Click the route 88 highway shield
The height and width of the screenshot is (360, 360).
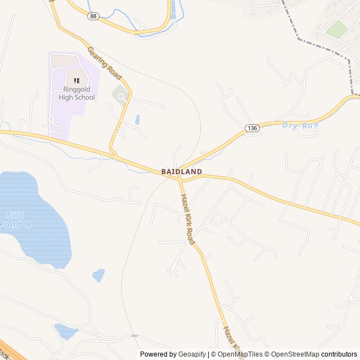pyautogui.click(x=93, y=16)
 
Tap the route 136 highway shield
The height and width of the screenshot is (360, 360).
pyautogui.click(x=251, y=129)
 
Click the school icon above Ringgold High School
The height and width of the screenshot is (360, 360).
pyautogui.click(x=76, y=80)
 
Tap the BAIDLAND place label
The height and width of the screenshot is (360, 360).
pyautogui.click(x=181, y=171)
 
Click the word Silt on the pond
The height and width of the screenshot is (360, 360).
pyautogui.click(x=15, y=215)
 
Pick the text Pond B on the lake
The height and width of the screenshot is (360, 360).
pyautogui.click(x=15, y=224)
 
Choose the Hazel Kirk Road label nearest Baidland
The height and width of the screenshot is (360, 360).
pyautogui.click(x=187, y=219)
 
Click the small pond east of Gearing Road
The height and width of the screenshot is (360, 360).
pyautogui.click(x=138, y=119)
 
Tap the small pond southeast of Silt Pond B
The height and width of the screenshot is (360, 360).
pyautogui.click(x=98, y=275)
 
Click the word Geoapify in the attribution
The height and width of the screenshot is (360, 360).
pyautogui.click(x=192, y=354)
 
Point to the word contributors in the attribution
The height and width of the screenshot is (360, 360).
pyautogui.click(x=339, y=354)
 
